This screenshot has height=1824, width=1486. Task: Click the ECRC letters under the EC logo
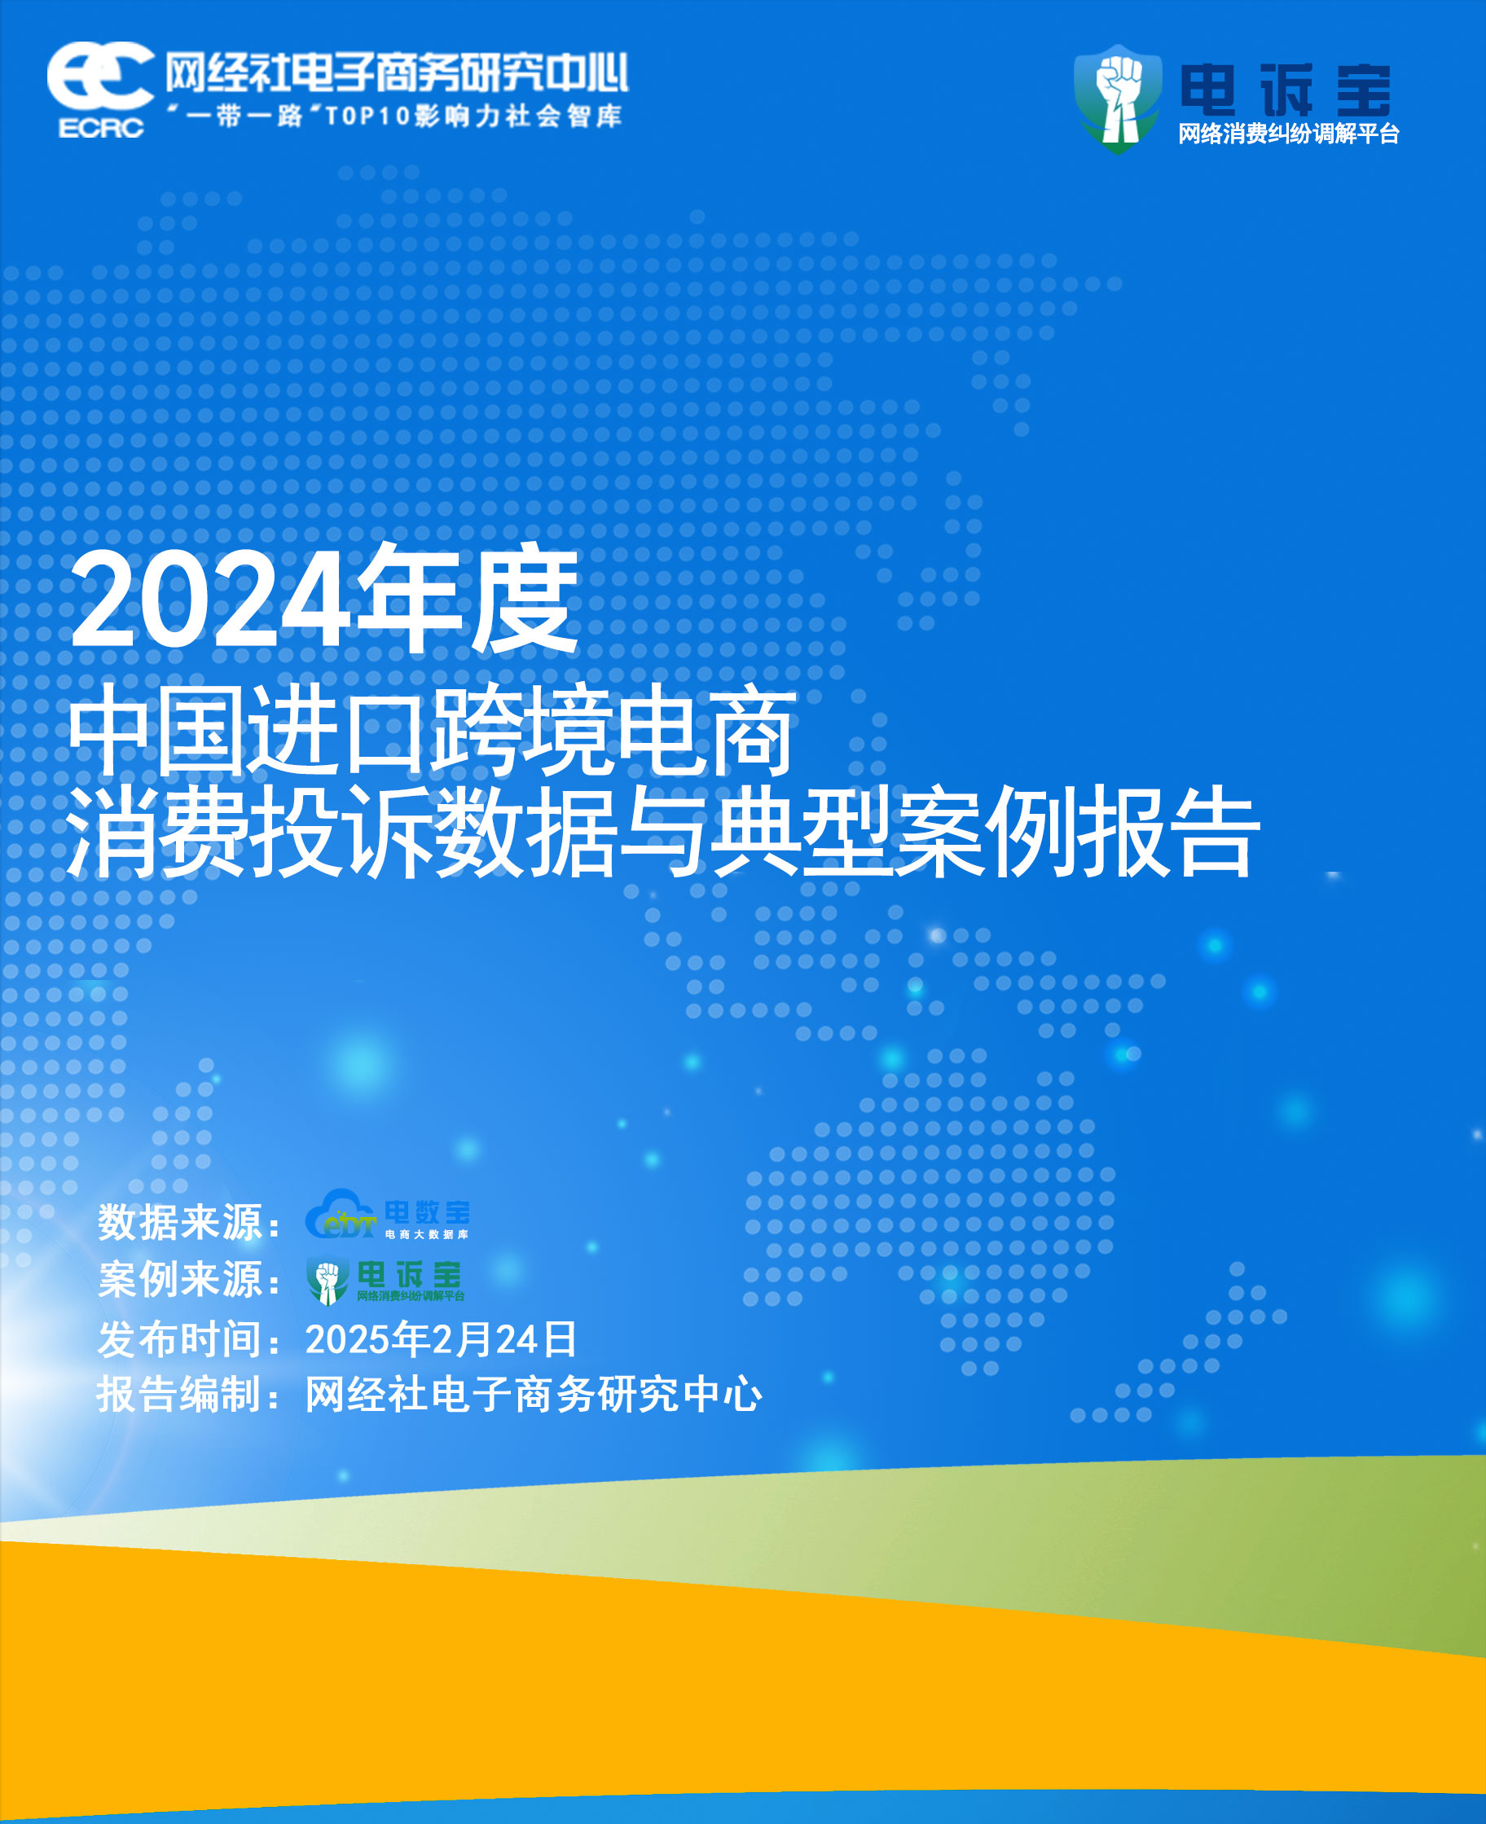(101, 128)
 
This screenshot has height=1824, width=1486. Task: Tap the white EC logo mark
(100, 77)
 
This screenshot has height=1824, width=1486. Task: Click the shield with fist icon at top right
(1118, 99)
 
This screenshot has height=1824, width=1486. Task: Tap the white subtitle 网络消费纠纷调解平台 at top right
(1288, 134)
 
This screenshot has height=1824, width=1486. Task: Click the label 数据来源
(180, 1221)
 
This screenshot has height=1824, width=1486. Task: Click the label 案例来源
(180, 1279)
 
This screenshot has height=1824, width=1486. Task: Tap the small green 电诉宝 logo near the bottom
(385, 1281)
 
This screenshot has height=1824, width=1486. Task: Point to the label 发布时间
(180, 1338)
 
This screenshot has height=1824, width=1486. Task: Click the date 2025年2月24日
(441, 1338)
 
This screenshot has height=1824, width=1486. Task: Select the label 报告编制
(180, 1395)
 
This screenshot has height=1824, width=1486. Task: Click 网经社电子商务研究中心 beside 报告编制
(534, 1395)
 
